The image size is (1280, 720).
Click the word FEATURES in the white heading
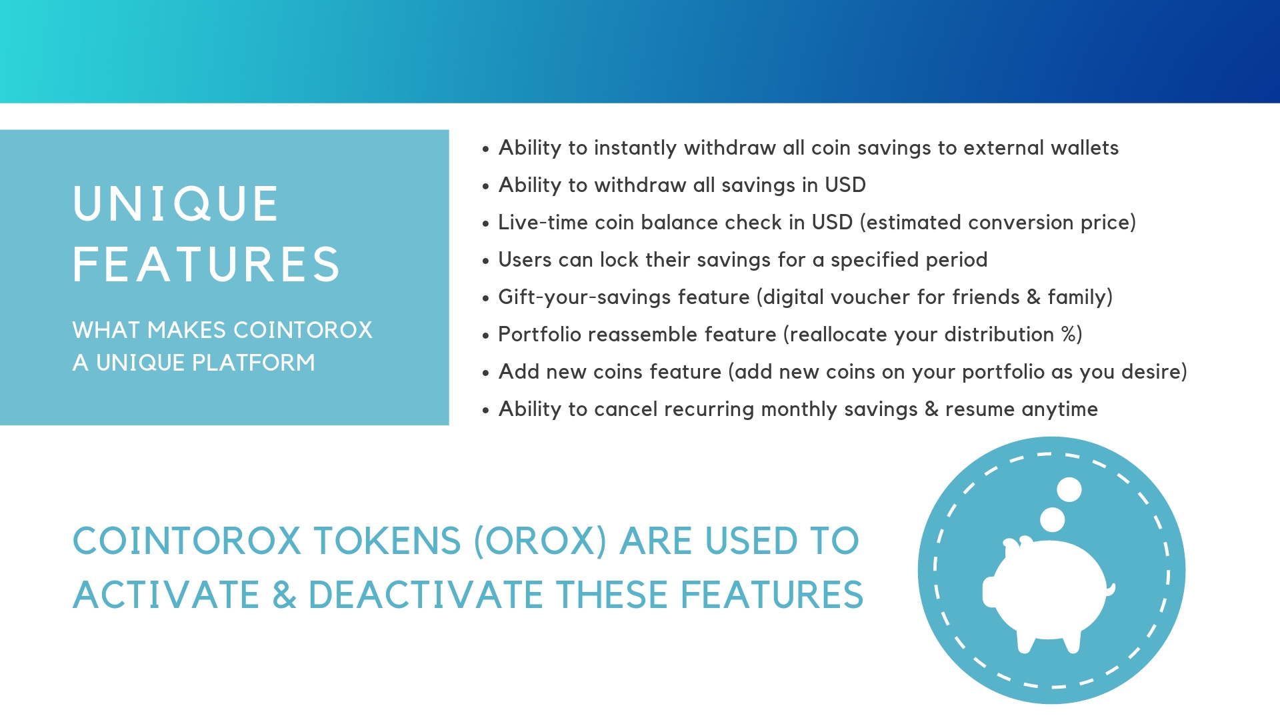(207, 264)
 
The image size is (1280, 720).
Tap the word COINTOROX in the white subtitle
(303, 330)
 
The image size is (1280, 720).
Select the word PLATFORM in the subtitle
(253, 363)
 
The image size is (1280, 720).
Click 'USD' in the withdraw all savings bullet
(845, 185)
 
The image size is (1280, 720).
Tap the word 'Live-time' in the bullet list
(543, 222)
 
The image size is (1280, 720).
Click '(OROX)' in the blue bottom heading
(540, 541)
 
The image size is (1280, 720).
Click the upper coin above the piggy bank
(1069, 489)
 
